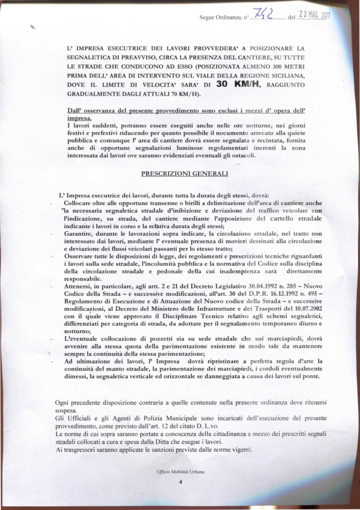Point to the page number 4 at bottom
click(181, 482)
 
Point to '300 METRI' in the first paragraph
click(296, 66)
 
